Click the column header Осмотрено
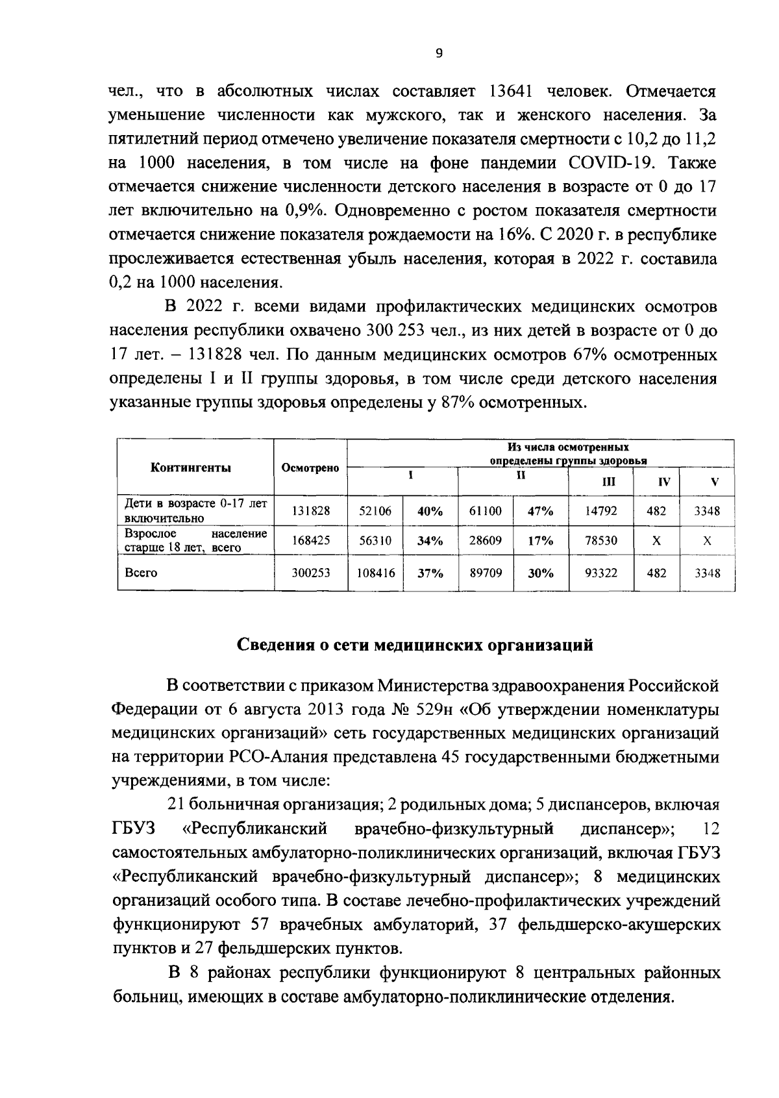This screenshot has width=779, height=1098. (x=310, y=468)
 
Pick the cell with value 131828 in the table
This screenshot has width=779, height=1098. (x=310, y=511)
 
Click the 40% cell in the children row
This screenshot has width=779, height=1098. (x=430, y=511)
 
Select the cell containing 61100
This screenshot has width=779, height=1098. (x=485, y=511)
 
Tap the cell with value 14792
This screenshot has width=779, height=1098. (x=600, y=511)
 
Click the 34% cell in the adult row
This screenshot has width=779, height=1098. (x=430, y=540)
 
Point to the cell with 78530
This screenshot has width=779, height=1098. (x=600, y=540)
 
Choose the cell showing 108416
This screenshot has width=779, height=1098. (x=375, y=573)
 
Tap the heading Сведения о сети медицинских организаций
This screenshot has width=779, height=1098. (x=414, y=645)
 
